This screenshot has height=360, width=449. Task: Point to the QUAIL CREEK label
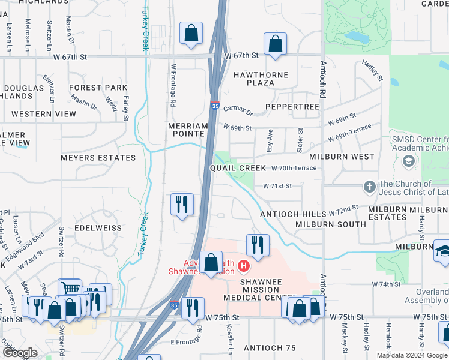pyautogui.click(x=237, y=168)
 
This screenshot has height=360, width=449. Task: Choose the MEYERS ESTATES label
pyautogui.click(x=98, y=158)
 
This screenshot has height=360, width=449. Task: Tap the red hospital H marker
pyautogui.click(x=244, y=265)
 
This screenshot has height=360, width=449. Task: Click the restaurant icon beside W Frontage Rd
pyautogui.click(x=181, y=205)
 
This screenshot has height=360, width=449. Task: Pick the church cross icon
pyautogui.click(x=370, y=187)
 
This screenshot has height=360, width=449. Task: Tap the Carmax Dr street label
pyautogui.click(x=238, y=110)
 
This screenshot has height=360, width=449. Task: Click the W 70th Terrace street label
pyautogui.click(x=294, y=168)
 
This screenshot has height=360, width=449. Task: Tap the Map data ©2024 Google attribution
pyautogui.click(x=412, y=355)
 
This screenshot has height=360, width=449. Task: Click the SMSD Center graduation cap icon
pyautogui.click(x=409, y=161)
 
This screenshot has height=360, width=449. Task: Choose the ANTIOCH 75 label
pyautogui.click(x=270, y=348)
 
